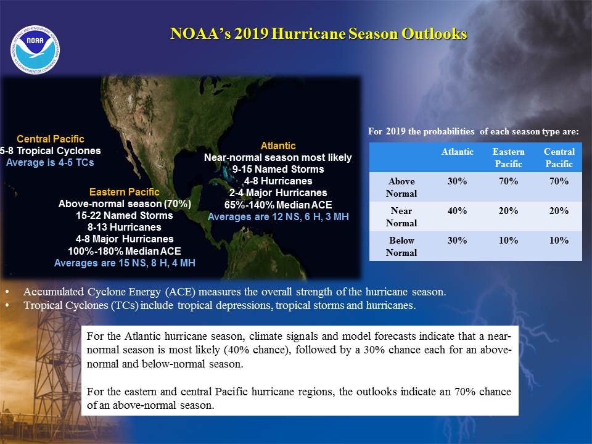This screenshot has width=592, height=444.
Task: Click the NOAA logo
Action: point(35,50)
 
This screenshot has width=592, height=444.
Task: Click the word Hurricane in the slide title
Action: point(308,33)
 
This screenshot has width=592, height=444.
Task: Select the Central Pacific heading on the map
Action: point(50,139)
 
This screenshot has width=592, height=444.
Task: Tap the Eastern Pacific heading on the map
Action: point(124,192)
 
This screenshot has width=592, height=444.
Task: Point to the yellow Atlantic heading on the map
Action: point(278,146)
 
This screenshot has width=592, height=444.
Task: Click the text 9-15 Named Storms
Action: point(278,169)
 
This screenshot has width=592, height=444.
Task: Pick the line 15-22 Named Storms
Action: point(124,216)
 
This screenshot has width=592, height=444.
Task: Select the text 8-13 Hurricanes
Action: point(124,228)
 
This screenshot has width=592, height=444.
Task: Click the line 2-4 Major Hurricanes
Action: point(278,192)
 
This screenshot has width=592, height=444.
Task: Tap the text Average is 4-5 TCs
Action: point(50,163)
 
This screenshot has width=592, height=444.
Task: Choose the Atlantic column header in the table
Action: point(457,152)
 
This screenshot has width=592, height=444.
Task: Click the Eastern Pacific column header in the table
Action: point(508,158)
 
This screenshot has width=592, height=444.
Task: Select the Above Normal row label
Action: point(401,187)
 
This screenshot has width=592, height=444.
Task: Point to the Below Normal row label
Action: point(401,247)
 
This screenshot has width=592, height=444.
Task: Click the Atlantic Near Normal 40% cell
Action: point(457,211)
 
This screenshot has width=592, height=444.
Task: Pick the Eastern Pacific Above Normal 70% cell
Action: point(508,181)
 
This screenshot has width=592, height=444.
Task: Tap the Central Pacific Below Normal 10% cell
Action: point(559,240)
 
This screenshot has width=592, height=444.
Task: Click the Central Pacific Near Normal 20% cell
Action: point(559,211)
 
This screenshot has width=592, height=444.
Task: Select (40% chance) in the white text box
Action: point(258,350)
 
